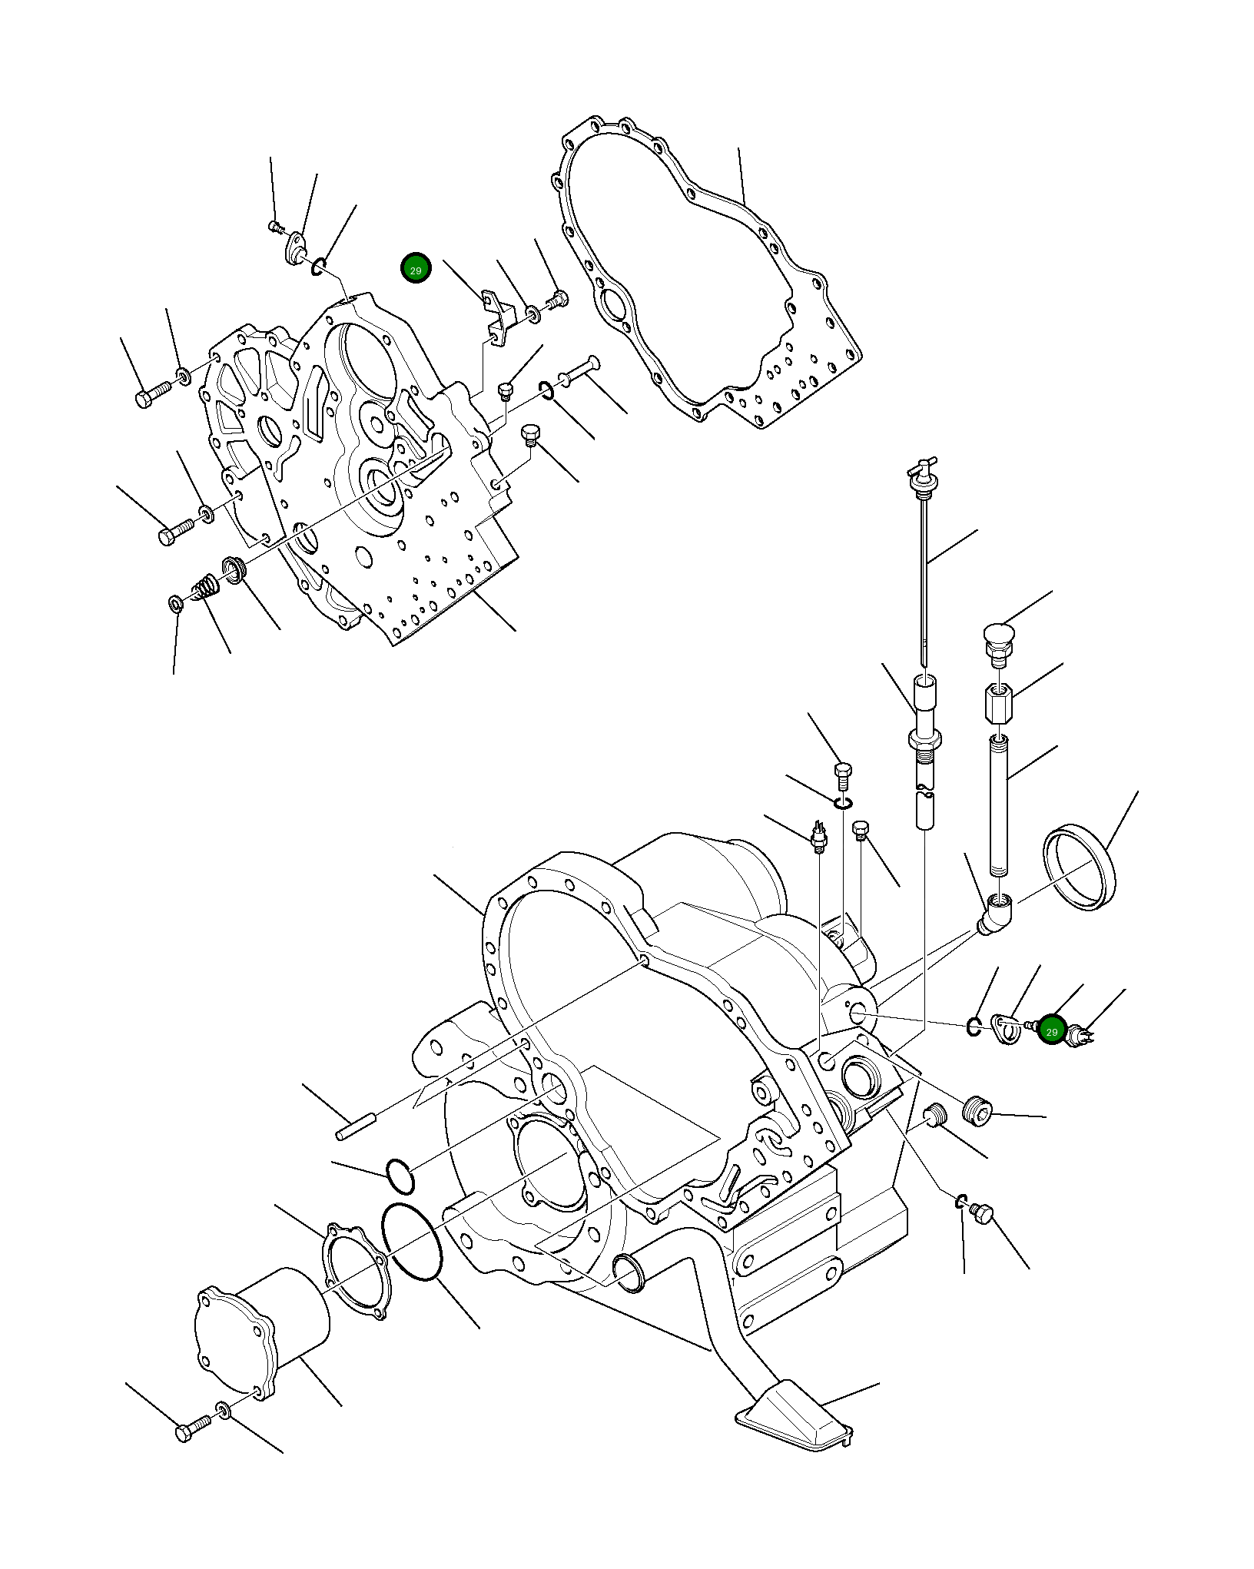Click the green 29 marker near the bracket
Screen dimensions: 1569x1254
click(416, 268)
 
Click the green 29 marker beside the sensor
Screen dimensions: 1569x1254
click(1051, 1031)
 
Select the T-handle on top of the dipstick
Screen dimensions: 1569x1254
click(920, 468)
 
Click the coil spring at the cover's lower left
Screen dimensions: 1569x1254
click(206, 589)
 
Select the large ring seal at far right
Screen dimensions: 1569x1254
click(1079, 867)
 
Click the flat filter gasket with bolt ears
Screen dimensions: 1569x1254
click(356, 1269)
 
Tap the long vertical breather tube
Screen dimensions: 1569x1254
click(997, 805)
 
